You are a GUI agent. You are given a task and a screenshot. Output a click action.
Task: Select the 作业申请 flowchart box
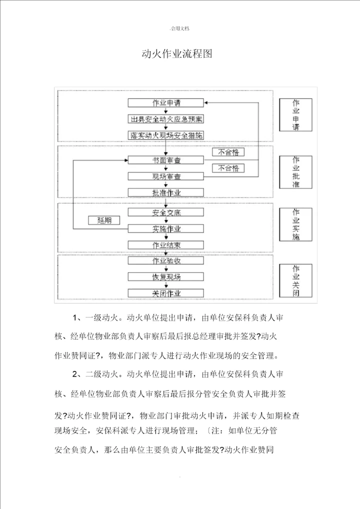(x=166, y=102)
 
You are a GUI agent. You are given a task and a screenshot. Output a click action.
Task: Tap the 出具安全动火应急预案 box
(x=166, y=119)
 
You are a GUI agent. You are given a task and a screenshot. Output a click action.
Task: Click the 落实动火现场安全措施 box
(x=166, y=135)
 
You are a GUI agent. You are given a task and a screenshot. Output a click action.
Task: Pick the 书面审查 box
(x=166, y=160)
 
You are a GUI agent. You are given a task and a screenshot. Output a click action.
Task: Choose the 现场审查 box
(x=166, y=176)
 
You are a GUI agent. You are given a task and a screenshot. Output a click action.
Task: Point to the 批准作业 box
(x=166, y=192)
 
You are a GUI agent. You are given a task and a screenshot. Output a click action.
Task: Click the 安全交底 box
(x=166, y=212)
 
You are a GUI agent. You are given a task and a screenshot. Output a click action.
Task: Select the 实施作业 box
(x=166, y=228)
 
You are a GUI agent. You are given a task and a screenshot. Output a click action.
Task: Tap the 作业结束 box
(x=166, y=245)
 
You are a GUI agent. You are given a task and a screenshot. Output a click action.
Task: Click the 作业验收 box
(x=166, y=260)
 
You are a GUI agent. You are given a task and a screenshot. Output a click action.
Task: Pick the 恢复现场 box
(x=166, y=276)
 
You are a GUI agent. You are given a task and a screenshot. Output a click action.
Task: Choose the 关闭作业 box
(x=166, y=293)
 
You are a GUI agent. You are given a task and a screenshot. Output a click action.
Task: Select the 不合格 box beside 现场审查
(x=228, y=167)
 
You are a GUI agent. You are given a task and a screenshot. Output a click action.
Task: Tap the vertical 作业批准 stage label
(x=295, y=172)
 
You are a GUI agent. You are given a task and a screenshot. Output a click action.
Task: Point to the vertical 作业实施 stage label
(x=295, y=224)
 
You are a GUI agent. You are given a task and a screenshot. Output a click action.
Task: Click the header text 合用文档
(x=179, y=29)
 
